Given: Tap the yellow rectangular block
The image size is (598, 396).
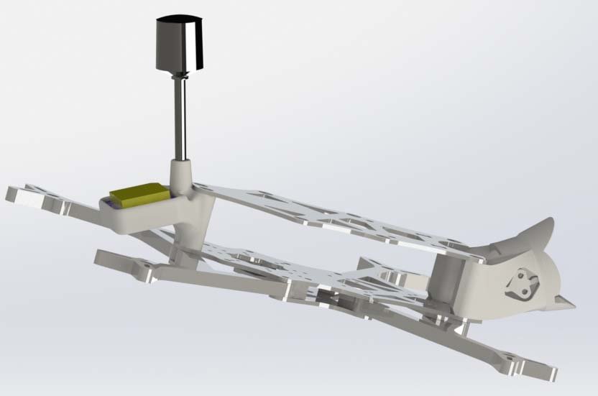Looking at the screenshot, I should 139,195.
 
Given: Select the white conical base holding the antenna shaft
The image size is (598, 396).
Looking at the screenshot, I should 181,172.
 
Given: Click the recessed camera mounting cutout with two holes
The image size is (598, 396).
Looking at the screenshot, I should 521,284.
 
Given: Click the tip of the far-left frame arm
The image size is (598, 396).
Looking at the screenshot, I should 18,193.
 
